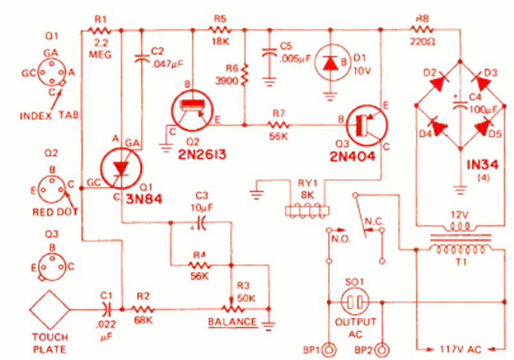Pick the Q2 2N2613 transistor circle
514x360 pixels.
click(x=193, y=110)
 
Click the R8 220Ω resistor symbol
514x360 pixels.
click(x=424, y=28)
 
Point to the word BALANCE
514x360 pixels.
click(x=232, y=321)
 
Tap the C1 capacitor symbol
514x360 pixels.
click(x=107, y=309)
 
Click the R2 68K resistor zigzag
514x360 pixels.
click(x=142, y=309)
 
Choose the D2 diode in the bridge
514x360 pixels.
click(x=439, y=82)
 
